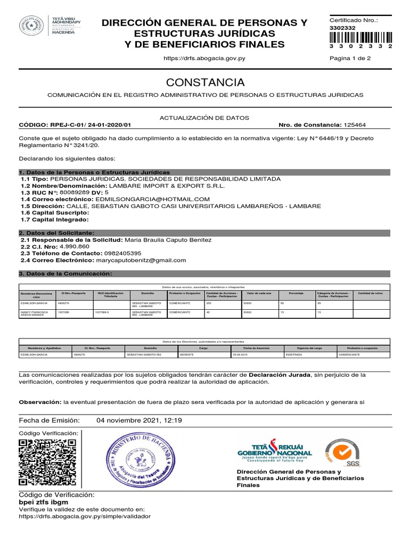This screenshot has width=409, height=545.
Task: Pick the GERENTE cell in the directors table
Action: [186, 354]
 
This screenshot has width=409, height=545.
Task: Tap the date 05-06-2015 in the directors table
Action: [241, 354]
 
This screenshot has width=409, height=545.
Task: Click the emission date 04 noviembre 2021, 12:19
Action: [139, 420]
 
